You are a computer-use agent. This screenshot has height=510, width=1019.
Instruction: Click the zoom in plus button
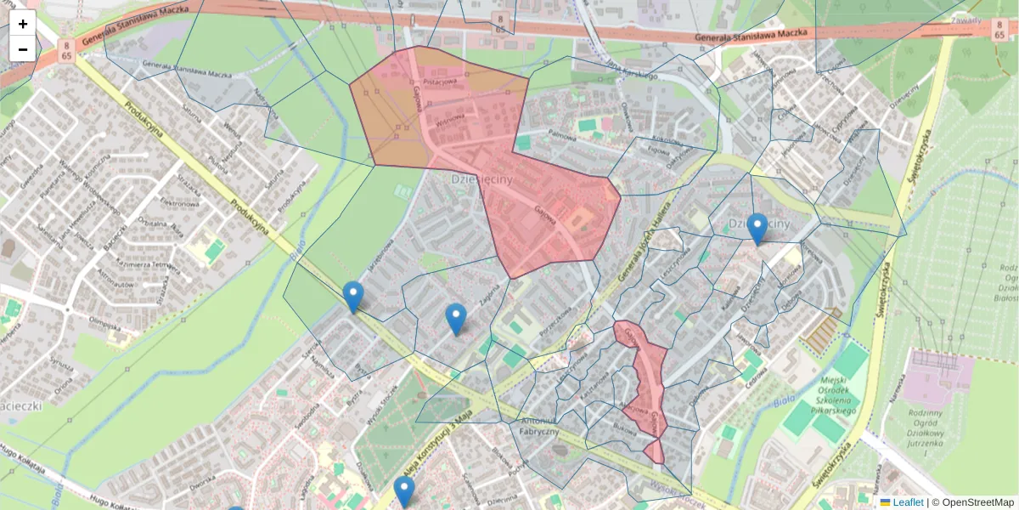(x=23, y=24)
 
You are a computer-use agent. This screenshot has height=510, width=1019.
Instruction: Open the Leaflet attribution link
(x=907, y=502)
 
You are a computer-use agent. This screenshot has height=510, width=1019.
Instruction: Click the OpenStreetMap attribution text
(x=977, y=502)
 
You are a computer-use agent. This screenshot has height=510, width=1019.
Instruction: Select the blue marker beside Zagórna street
(x=456, y=319)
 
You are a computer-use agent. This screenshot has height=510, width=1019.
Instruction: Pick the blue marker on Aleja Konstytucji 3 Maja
(x=404, y=491)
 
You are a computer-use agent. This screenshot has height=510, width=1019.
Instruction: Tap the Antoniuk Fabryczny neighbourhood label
(x=539, y=426)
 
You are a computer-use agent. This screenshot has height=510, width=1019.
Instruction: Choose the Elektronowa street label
(x=180, y=204)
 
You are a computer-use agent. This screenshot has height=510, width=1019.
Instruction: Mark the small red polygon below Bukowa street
(x=654, y=450)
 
